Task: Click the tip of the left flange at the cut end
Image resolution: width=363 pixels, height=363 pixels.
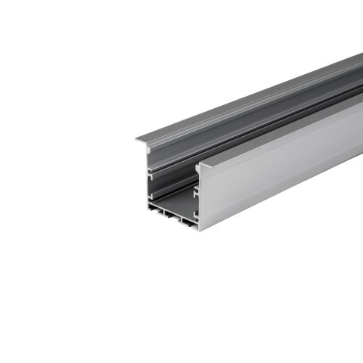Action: [x=138, y=139]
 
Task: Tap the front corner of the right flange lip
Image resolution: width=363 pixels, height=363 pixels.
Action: [x=198, y=165]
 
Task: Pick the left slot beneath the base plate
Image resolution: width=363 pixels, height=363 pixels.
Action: [x=164, y=219]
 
